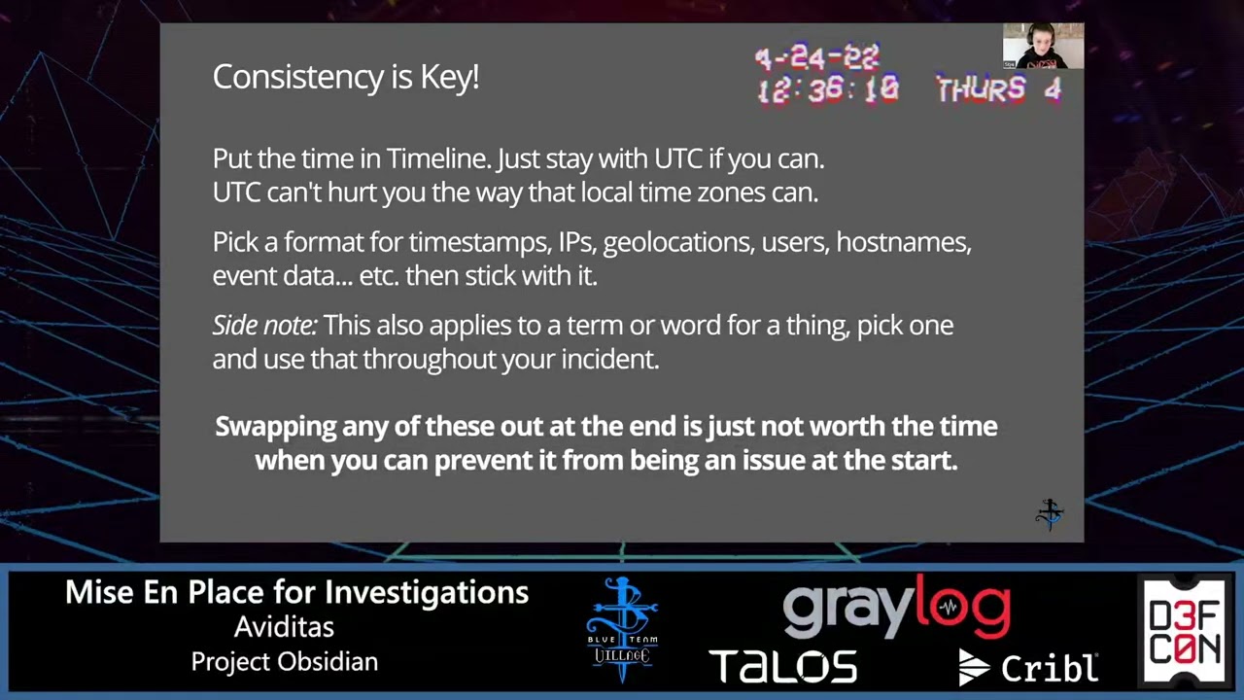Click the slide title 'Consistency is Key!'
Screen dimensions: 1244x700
click(345, 77)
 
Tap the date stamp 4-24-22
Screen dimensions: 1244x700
click(817, 57)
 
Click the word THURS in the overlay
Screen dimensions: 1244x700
click(981, 89)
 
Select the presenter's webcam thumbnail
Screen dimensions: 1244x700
click(1043, 46)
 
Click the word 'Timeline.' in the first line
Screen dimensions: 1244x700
click(439, 158)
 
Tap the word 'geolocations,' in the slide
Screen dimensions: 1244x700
click(679, 243)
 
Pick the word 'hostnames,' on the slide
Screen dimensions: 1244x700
click(904, 242)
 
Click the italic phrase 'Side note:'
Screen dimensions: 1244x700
click(265, 325)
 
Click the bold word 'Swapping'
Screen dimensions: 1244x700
click(276, 427)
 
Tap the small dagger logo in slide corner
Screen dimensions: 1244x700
click(1049, 514)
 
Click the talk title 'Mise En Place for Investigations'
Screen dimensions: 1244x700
click(296, 592)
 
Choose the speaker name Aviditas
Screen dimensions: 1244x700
click(284, 627)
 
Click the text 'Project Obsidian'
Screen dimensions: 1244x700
click(285, 662)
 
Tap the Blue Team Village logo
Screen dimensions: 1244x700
click(622, 629)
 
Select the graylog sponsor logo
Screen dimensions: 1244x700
click(896, 608)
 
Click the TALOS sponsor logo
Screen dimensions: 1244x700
click(783, 666)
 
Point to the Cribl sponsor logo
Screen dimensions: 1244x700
click(1028, 667)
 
